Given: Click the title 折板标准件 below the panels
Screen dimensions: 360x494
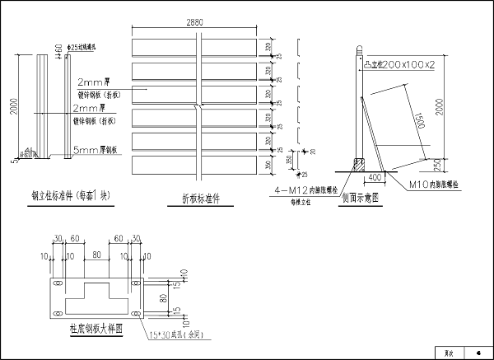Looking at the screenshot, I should (x=201, y=198).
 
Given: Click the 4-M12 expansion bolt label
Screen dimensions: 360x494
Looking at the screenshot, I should (x=301, y=190).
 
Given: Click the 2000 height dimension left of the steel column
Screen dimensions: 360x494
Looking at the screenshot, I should (x=14, y=107).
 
